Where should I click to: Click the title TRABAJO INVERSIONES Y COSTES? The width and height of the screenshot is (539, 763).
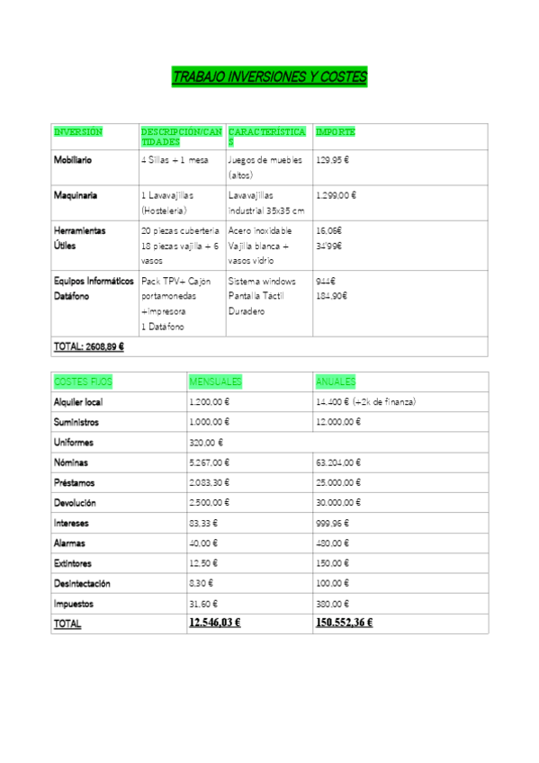point(269,77)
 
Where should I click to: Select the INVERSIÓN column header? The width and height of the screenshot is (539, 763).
point(78,132)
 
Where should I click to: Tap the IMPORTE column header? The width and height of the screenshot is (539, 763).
point(336,132)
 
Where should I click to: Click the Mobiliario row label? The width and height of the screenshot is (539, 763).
point(73,160)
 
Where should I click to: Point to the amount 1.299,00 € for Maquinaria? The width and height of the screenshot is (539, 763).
point(337,195)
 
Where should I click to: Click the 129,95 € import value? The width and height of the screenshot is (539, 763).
point(333,160)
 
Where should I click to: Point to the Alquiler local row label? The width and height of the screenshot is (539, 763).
point(78,402)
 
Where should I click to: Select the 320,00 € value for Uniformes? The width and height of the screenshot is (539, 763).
point(206,443)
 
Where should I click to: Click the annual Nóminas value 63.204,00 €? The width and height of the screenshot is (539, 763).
point(339,462)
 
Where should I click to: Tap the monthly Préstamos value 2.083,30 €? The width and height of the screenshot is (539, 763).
point(210,483)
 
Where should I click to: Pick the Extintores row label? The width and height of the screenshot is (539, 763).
point(74,563)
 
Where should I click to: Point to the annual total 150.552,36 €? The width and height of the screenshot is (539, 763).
point(345,623)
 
